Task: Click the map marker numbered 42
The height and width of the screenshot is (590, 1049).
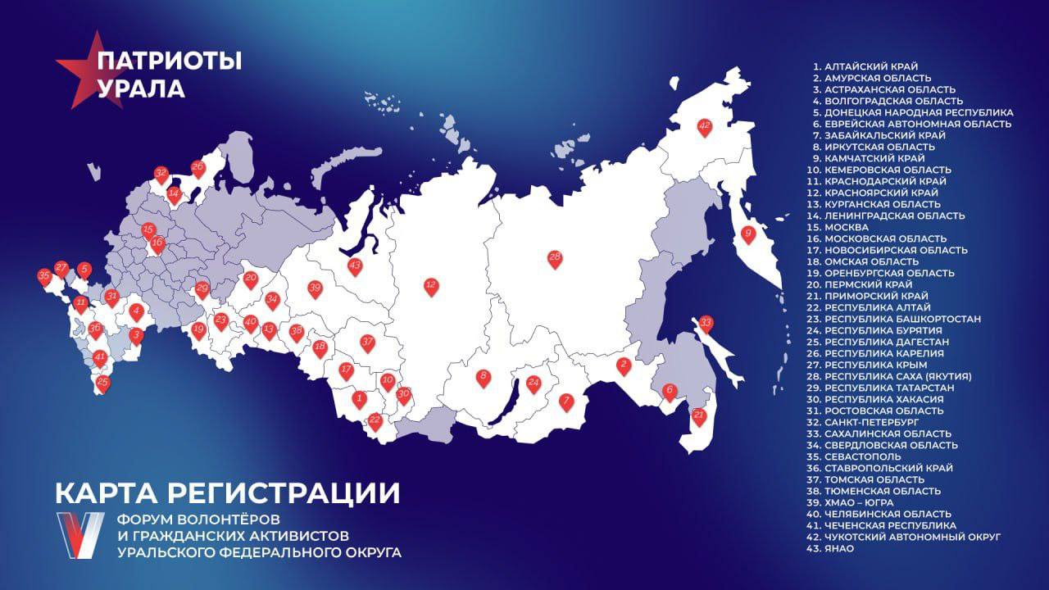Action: pos(704,127)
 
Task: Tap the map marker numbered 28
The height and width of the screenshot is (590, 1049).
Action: pos(555,259)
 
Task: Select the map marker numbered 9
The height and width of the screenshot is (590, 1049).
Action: pos(747,234)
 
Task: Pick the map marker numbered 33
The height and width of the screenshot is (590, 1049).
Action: pos(706,324)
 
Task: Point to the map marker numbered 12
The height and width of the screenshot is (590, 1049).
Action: pos(431,287)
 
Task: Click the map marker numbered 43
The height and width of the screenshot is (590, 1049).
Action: pos(355,266)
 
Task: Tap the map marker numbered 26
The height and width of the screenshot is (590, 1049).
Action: pos(198,167)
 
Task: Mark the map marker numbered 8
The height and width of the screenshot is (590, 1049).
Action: pos(484,378)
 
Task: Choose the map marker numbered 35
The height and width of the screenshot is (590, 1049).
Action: pos(44,278)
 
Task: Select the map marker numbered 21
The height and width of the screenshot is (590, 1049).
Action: pos(699,416)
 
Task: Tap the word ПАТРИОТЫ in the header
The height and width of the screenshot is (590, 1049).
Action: pos(170,61)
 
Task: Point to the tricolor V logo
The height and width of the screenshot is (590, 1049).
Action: pos(79,534)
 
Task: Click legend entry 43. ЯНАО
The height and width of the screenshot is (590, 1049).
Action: pos(834,547)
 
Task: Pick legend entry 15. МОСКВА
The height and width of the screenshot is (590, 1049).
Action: pos(849,226)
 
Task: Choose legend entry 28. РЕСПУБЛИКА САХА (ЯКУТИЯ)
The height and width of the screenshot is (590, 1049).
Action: pos(892,375)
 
